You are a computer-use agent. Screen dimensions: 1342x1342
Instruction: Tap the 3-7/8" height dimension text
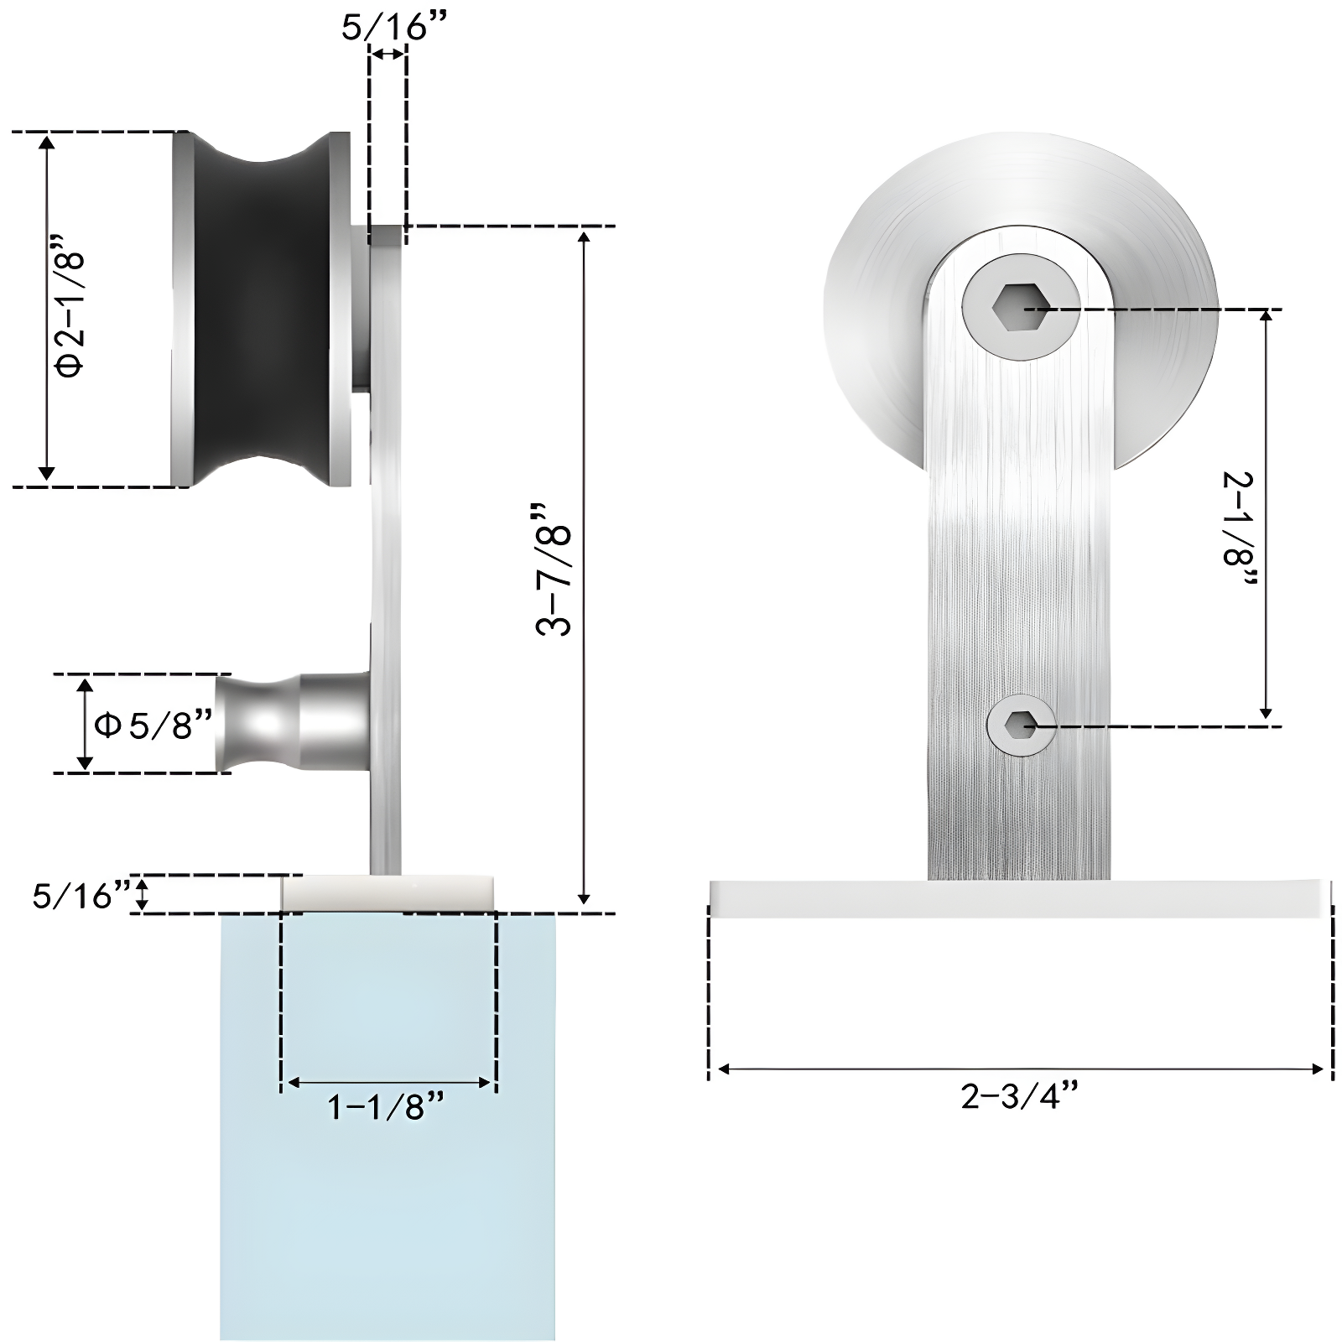[x=554, y=569]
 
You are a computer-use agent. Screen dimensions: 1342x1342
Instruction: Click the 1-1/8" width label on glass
[x=387, y=1108]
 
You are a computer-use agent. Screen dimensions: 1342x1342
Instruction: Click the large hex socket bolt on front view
[x=1019, y=308]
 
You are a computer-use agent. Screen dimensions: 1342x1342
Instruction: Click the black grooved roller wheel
[x=260, y=309]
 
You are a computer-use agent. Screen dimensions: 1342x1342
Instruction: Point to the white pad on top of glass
[x=387, y=893]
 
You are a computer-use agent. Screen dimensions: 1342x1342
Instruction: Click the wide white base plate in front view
[x=1019, y=898]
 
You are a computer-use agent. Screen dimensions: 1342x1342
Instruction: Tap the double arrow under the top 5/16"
[x=388, y=55]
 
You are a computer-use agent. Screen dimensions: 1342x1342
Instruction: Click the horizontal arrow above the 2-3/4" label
[x=1019, y=1069]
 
